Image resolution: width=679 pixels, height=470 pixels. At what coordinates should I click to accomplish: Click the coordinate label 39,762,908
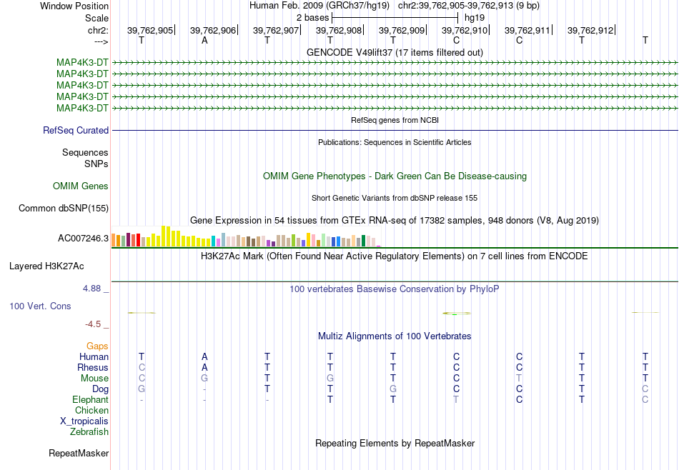tap(339, 30)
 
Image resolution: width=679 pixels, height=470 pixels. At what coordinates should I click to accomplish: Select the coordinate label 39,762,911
tap(527, 30)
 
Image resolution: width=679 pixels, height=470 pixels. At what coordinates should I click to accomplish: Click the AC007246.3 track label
tap(83, 238)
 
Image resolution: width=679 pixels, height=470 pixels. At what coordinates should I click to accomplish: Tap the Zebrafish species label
tap(89, 431)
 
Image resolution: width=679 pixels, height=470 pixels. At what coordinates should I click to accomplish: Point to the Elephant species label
tap(90, 399)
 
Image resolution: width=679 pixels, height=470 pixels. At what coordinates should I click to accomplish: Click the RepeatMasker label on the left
tap(79, 453)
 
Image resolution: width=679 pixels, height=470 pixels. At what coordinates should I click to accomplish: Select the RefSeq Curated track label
tap(76, 130)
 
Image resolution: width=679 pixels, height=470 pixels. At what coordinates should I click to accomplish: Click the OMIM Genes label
tap(81, 186)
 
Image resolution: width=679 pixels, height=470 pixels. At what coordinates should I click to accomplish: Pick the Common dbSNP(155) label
tap(64, 208)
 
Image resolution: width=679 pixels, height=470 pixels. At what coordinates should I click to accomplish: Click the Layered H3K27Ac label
tap(46, 266)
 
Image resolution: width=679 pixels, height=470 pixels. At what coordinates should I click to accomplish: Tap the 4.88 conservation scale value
tap(92, 289)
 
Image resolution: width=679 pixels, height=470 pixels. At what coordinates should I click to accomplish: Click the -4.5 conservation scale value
tap(93, 324)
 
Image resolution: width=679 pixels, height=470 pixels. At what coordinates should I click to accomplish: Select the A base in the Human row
tap(204, 356)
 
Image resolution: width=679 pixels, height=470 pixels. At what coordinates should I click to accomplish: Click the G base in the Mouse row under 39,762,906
tap(204, 379)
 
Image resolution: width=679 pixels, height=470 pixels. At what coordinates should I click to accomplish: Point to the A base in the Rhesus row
tap(204, 367)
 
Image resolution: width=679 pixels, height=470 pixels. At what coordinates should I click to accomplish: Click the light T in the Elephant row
tap(456, 399)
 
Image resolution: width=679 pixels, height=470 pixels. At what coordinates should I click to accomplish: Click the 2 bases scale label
tap(312, 18)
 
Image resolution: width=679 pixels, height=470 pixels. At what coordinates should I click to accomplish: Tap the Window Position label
tap(74, 6)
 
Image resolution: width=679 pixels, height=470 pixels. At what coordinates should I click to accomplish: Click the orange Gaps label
tap(97, 346)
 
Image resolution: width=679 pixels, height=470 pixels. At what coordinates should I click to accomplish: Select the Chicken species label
tap(91, 410)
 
